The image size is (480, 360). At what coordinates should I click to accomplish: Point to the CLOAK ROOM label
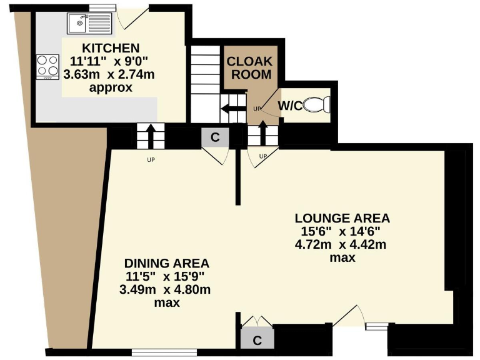click(249, 68)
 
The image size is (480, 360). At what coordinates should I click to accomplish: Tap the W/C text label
click(290, 106)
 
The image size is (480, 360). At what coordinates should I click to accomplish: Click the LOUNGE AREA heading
click(342, 218)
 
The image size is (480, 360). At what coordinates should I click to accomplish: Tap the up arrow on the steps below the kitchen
click(150, 134)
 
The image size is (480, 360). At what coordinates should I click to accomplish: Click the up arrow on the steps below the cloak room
click(262, 133)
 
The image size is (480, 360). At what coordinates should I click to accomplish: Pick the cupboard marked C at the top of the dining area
click(215, 138)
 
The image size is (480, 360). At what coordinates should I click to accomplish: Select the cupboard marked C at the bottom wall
click(256, 339)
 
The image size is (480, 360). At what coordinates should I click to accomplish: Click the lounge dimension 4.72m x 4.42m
click(341, 244)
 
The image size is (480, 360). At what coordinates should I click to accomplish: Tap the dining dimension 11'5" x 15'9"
click(166, 276)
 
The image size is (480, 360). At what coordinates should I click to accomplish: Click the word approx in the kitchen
click(111, 88)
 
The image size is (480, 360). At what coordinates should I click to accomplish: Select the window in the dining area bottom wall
click(156, 352)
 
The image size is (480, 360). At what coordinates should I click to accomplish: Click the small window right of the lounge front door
click(376, 325)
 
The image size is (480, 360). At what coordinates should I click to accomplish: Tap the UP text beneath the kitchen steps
click(150, 159)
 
